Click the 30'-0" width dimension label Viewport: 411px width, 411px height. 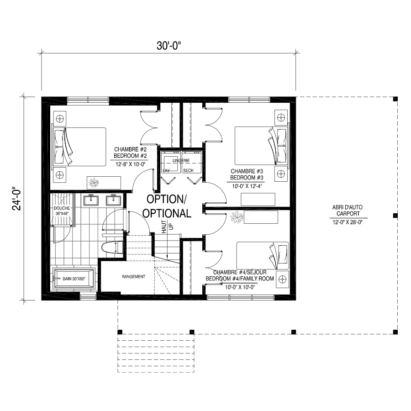tap(169, 46)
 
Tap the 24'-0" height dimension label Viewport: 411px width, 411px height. tap(17, 199)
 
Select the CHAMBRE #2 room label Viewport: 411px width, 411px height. tap(130, 149)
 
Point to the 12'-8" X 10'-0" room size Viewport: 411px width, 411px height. tap(130, 164)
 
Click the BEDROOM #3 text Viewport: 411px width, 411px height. tap(247, 178)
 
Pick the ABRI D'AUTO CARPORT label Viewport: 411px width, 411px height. tap(348, 211)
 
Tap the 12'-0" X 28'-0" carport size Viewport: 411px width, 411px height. tap(348, 222)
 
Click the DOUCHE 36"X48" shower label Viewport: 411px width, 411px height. tap(62, 211)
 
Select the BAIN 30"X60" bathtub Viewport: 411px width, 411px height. tap(74, 279)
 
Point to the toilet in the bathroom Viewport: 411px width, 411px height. tap(112, 248)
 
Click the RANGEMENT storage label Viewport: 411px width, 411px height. tap(133, 277)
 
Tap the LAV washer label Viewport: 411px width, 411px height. tap(166, 171)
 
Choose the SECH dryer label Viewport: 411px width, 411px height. tap(188, 171)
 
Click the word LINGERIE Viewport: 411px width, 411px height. tap(181, 160)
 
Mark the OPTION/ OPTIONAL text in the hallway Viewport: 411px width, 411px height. tap(167, 206)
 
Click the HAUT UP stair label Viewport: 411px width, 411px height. tap(168, 227)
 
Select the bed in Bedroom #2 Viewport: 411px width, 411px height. tap(79, 147)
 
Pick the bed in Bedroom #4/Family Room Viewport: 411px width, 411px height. tap(263, 256)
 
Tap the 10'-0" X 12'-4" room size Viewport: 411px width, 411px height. tap(247, 186)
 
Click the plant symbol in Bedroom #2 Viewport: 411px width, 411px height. tap(94, 182)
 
